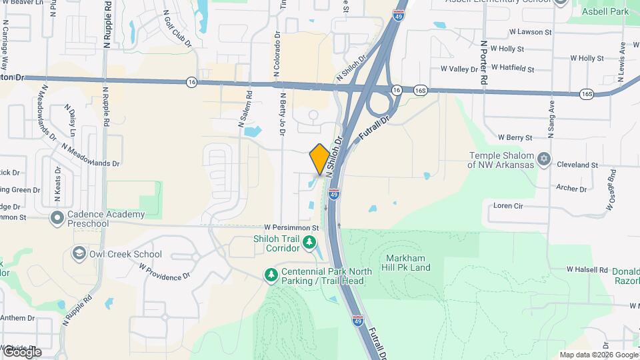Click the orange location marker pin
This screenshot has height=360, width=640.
tap(320, 159)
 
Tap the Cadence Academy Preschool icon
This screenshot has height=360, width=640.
tap(57, 218)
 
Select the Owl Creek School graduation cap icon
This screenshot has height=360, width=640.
tap(79, 254)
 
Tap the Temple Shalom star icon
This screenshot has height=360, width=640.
tap(544, 159)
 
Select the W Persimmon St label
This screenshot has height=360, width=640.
tap(292, 227)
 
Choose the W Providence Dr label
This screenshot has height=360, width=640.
tap(165, 271)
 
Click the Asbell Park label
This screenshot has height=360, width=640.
tap(605, 11)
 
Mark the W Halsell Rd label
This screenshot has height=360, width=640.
tap(587, 270)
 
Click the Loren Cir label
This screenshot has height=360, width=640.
tap(509, 206)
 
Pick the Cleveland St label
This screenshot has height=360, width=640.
tap(577, 164)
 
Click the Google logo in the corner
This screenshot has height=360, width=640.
tap(22, 352)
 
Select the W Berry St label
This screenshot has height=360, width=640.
tap(515, 137)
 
